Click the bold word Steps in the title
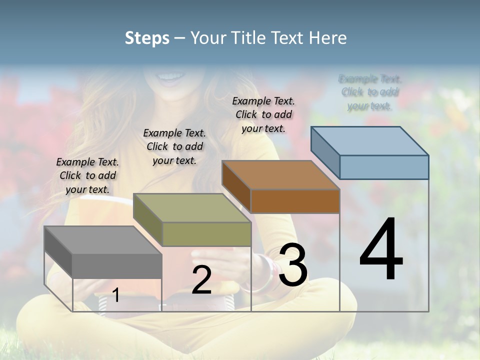[x=147, y=38]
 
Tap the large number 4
[x=381, y=250]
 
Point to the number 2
[x=201, y=280]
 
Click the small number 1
[x=116, y=295]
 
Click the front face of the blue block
[x=384, y=167]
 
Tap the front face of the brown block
[x=295, y=201]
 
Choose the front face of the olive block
[x=206, y=234]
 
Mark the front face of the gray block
[x=117, y=265]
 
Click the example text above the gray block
[x=87, y=175]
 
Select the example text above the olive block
[x=174, y=146]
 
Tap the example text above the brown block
[x=263, y=114]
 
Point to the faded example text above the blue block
[x=370, y=92]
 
